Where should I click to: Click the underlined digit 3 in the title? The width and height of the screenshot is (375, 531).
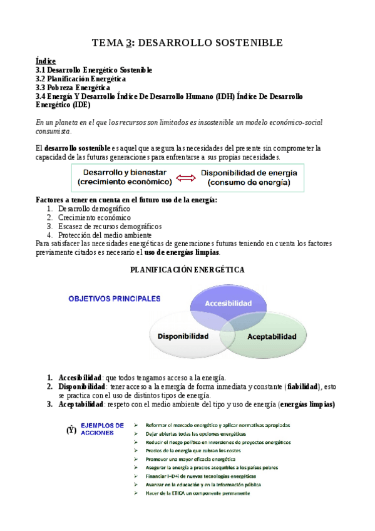128,43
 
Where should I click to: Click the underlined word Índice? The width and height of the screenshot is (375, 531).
46,61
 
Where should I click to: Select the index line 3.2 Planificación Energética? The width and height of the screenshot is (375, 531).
81,79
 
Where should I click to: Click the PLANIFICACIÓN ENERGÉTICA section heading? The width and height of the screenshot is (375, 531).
187,269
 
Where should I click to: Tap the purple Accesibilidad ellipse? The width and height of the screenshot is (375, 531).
229,303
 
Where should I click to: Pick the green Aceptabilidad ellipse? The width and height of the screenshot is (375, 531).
272,337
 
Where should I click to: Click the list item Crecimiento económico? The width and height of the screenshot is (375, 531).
95,217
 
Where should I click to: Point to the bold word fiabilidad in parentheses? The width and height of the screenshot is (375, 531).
302,386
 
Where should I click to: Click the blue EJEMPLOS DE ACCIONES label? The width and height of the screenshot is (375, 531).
102,429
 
